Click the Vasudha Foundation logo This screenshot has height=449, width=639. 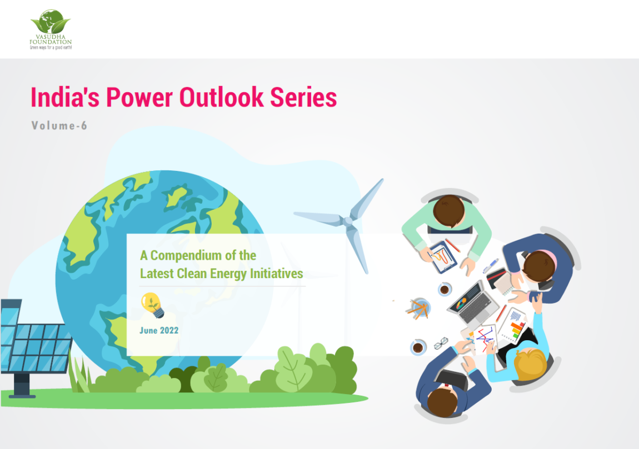51,29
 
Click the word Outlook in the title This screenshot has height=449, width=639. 221,97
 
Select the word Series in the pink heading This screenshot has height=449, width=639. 303,97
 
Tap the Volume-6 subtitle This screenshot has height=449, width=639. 59,126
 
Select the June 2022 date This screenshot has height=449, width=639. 159,331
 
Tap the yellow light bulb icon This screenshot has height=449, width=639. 152,305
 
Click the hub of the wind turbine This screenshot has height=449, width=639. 348,221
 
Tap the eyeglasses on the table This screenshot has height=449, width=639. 441,344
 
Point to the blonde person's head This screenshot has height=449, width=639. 530,364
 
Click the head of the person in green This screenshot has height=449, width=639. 448,211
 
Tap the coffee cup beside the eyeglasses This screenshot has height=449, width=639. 418,347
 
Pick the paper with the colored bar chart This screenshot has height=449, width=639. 513,326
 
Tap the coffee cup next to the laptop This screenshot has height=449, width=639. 445,289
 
